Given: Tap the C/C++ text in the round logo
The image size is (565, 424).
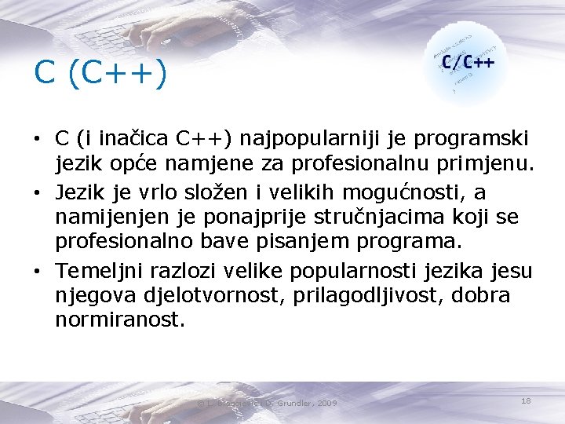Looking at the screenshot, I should click(468, 61).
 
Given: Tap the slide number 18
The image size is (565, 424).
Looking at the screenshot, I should click(526, 400).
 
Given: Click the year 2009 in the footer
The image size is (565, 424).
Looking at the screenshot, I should click(327, 403).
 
